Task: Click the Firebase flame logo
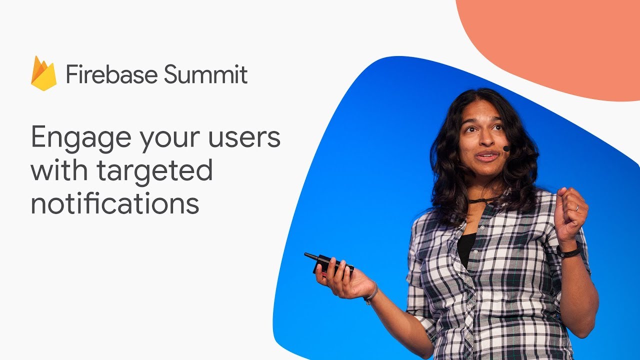43,74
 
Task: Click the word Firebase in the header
111,75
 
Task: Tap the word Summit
206,75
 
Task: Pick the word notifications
115,203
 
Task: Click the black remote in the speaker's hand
332,263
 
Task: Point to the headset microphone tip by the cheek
506,148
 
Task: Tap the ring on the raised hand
576,207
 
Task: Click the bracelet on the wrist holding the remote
370,294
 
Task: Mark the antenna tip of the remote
306,255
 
